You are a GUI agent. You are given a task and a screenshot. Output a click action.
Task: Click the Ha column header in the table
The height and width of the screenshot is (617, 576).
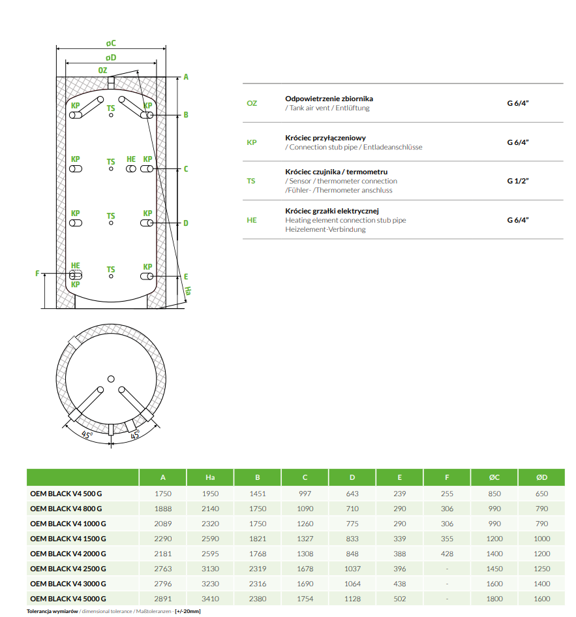pos(210,478)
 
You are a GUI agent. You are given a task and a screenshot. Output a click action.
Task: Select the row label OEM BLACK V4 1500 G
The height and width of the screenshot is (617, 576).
pos(68,539)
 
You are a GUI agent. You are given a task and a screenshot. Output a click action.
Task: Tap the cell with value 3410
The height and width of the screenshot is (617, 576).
pos(210,599)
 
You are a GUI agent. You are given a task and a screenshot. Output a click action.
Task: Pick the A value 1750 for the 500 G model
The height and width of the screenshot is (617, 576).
pos(163,494)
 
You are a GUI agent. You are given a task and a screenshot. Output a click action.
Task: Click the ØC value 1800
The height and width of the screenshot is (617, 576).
pos(494,599)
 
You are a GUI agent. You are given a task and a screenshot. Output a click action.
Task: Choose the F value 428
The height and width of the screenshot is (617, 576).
pos(447,554)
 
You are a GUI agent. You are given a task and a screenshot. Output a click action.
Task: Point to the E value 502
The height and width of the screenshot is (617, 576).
pos(399,599)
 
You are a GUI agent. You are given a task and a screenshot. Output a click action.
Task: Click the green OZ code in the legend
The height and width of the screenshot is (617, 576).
pos(252,103)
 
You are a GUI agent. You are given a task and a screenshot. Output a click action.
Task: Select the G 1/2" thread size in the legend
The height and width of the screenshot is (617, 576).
pos(518,181)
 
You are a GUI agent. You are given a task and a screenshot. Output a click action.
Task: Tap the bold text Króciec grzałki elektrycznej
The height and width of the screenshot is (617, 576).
pos(332,211)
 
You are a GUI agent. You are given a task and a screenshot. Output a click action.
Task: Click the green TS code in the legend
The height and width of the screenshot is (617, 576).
pos(251,181)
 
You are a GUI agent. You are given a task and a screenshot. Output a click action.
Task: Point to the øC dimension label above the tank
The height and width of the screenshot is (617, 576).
pos(111,43)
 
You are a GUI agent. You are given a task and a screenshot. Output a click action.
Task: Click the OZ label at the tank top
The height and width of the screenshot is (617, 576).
pos(103,70)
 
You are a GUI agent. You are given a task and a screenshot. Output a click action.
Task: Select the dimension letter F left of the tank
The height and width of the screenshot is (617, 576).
pos(37,274)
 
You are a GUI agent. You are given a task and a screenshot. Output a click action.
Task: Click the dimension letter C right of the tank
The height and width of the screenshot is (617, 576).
pos(186,169)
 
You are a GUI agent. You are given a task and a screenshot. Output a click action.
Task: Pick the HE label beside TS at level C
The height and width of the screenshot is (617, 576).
pos(131,159)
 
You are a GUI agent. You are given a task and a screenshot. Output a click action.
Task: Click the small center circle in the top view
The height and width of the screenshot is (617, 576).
pos(111,379)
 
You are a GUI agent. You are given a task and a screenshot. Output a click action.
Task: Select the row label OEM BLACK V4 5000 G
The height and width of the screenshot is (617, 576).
pos(68,599)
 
